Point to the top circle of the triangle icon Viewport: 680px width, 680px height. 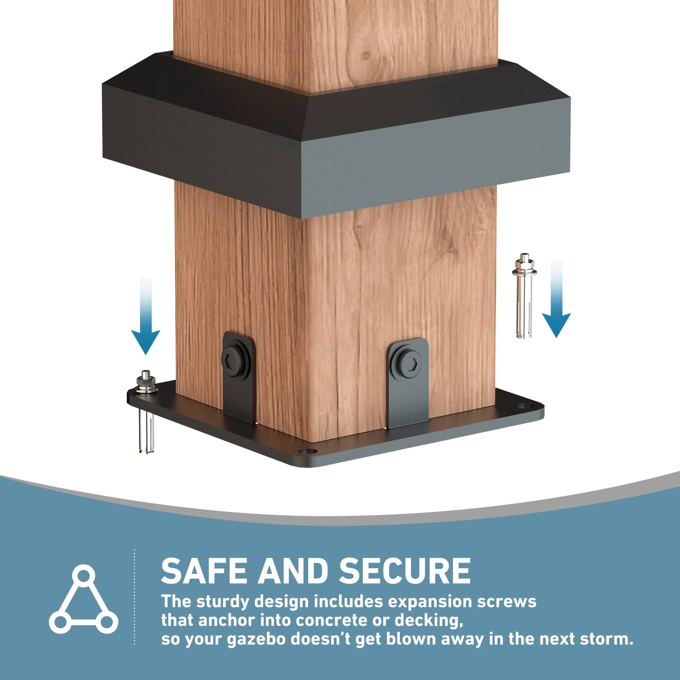point(83,578)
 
